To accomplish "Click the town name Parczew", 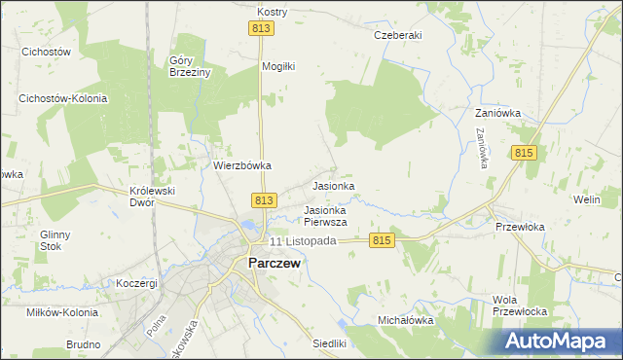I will [275, 263].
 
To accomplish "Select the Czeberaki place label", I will [398, 35].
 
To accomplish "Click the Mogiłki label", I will [277, 66].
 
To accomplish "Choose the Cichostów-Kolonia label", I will [62, 99].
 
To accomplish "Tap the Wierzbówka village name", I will [241, 165].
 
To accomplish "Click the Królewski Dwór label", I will [152, 198].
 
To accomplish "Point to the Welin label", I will [586, 199].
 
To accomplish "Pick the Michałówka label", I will [405, 319].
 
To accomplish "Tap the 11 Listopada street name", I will [303, 241].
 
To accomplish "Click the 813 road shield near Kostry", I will [261, 30].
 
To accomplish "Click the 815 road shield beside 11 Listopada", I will [381, 240].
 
